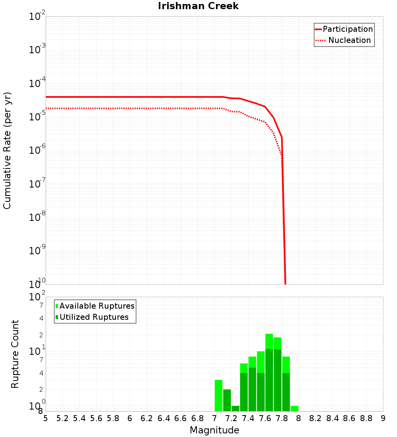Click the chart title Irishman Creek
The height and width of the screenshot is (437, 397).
[198, 6]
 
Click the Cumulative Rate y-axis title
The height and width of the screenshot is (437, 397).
[7, 150]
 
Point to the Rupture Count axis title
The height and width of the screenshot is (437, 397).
[15, 354]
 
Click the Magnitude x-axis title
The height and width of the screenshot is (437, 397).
[214, 430]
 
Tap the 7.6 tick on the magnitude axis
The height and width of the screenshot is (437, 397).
[265, 418]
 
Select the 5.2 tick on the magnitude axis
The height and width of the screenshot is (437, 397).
[63, 418]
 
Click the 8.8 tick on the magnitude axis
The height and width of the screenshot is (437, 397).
[366, 418]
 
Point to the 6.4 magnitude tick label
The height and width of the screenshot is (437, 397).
[164, 418]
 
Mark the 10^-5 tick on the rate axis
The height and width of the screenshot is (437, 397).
[37, 117]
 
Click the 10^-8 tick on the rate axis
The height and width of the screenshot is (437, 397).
[37, 217]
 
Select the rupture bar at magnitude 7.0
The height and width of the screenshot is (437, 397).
[218, 396]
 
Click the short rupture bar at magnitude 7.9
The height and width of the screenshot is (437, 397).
[294, 408]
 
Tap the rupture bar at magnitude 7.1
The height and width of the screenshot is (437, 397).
[227, 400]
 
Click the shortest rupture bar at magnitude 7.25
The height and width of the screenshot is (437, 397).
[235, 408]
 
